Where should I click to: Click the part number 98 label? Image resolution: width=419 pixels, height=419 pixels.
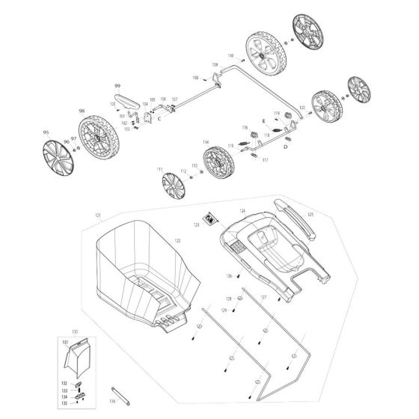[x=81, y=110]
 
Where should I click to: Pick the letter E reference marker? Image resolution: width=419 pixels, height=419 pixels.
[x=263, y=120]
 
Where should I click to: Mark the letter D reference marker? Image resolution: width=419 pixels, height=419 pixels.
[x=286, y=148]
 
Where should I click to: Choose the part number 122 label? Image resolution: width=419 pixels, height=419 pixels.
[x=177, y=241]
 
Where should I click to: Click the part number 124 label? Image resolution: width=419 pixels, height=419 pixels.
[x=242, y=211]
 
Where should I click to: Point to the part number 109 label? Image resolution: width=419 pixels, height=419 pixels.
[x=215, y=66]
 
